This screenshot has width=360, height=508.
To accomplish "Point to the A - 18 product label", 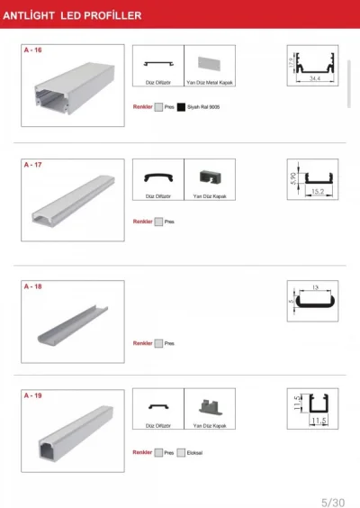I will click(31, 286).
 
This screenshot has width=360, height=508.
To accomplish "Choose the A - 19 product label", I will click(31, 395).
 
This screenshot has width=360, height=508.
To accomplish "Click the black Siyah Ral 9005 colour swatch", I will click(181, 107).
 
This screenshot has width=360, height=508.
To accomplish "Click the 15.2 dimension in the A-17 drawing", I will click(317, 191).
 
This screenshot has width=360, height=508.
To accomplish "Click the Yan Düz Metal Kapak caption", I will click(209, 83).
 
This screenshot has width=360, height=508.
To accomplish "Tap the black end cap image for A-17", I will click(209, 177).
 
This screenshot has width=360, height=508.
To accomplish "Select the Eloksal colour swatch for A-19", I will click(181, 453).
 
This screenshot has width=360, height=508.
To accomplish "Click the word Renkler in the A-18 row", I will click(142, 343).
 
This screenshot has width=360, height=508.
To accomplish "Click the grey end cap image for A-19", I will click(209, 407).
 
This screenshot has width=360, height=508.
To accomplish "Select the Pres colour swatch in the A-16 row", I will click(158, 107).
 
